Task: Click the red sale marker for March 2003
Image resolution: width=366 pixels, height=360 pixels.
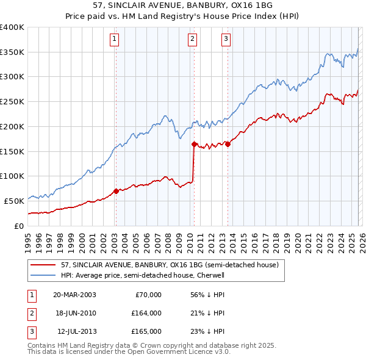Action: point(116,191)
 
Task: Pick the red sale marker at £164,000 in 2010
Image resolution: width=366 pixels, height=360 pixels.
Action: point(194,145)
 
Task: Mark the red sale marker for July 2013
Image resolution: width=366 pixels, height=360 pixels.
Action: point(228,144)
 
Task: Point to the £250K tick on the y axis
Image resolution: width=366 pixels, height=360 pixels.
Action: point(12,101)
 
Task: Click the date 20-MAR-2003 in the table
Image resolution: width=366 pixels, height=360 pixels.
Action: point(74,295)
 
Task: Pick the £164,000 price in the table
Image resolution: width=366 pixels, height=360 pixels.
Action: point(146,313)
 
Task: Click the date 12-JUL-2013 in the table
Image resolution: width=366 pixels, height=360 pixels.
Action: point(74,331)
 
